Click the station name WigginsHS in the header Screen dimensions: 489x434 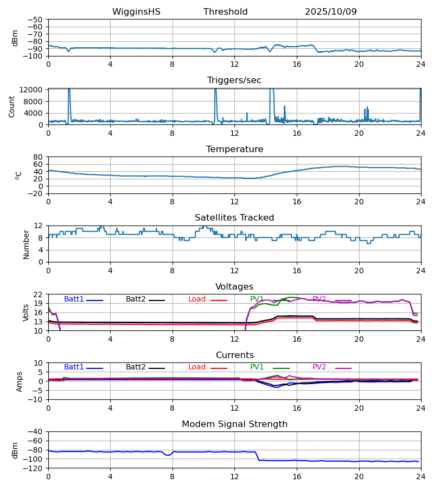(136, 12)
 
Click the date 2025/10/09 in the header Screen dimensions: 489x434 (330, 12)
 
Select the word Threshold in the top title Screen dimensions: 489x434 (225, 12)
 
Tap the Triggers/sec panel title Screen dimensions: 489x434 (234, 80)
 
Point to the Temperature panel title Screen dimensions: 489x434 (234, 149)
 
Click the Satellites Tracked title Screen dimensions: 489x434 (234, 218)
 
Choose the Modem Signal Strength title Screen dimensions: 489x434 (234, 424)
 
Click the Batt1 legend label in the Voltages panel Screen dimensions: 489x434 (74, 299)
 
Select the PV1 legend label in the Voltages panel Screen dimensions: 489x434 (257, 299)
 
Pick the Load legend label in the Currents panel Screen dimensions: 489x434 (197, 367)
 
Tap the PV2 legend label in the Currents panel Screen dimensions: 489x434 (319, 367)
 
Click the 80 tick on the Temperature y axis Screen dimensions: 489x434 (39, 157)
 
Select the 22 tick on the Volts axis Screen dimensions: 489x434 (39, 294)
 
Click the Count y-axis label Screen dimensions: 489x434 (12, 106)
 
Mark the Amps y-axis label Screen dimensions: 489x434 (20, 381)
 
